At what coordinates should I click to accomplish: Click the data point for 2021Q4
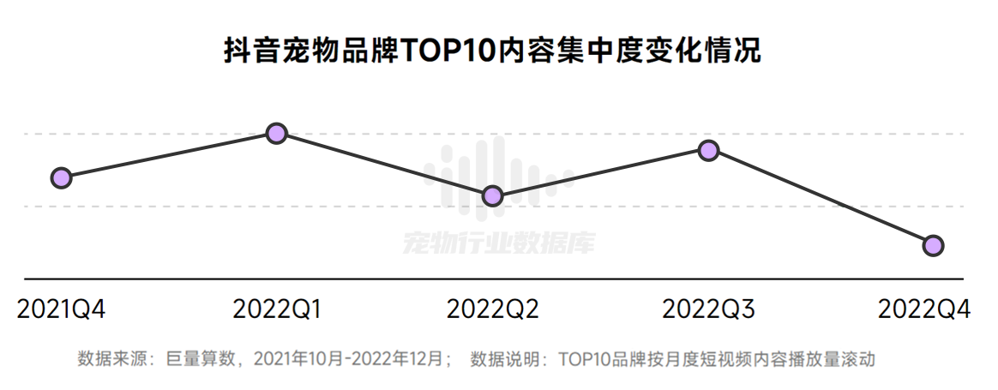pyautogui.click(x=61, y=178)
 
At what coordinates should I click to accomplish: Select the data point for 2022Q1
pyautogui.click(x=276, y=133)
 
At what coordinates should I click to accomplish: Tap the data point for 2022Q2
pyautogui.click(x=492, y=196)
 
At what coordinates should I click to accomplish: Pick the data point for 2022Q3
pyautogui.click(x=708, y=151)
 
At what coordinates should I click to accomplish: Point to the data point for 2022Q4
pyautogui.click(x=933, y=245)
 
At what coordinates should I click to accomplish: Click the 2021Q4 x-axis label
pyautogui.click(x=61, y=309)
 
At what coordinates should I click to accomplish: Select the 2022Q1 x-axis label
pyautogui.click(x=277, y=309)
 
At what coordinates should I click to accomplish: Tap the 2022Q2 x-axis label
pyautogui.click(x=493, y=309)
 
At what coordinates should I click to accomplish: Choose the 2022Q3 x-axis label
pyautogui.click(x=709, y=309)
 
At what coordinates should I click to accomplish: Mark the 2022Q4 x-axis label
pyautogui.click(x=924, y=309)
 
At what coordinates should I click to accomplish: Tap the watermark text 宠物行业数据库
pyautogui.click(x=497, y=243)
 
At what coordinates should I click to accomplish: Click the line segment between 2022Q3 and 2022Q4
pyautogui.click(x=821, y=198)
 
